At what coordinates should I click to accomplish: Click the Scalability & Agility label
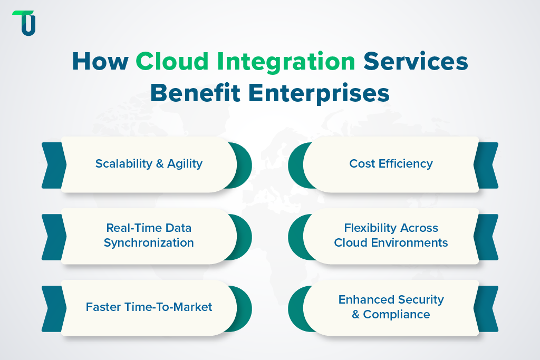pyautogui.click(x=149, y=163)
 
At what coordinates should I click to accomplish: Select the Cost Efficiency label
pyautogui.click(x=391, y=163)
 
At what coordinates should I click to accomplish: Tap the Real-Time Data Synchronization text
pyautogui.click(x=149, y=235)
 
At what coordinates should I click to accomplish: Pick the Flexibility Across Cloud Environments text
pyautogui.click(x=391, y=235)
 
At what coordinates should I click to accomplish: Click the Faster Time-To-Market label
pyautogui.click(x=149, y=307)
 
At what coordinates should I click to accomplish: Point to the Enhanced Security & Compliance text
pyautogui.click(x=391, y=307)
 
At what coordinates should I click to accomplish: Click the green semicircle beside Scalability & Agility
pyautogui.click(x=244, y=165)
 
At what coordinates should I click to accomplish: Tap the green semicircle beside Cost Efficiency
pyautogui.click(x=295, y=165)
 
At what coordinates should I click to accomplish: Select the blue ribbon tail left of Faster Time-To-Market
pyautogui.click(x=52, y=308)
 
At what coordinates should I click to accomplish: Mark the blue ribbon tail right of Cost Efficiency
pyautogui.click(x=488, y=165)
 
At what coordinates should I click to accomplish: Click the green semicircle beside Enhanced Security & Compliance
pyautogui.click(x=295, y=308)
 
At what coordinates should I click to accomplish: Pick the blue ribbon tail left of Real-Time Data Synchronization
pyautogui.click(x=52, y=237)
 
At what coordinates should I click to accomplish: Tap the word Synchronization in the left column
pyautogui.click(x=149, y=243)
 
